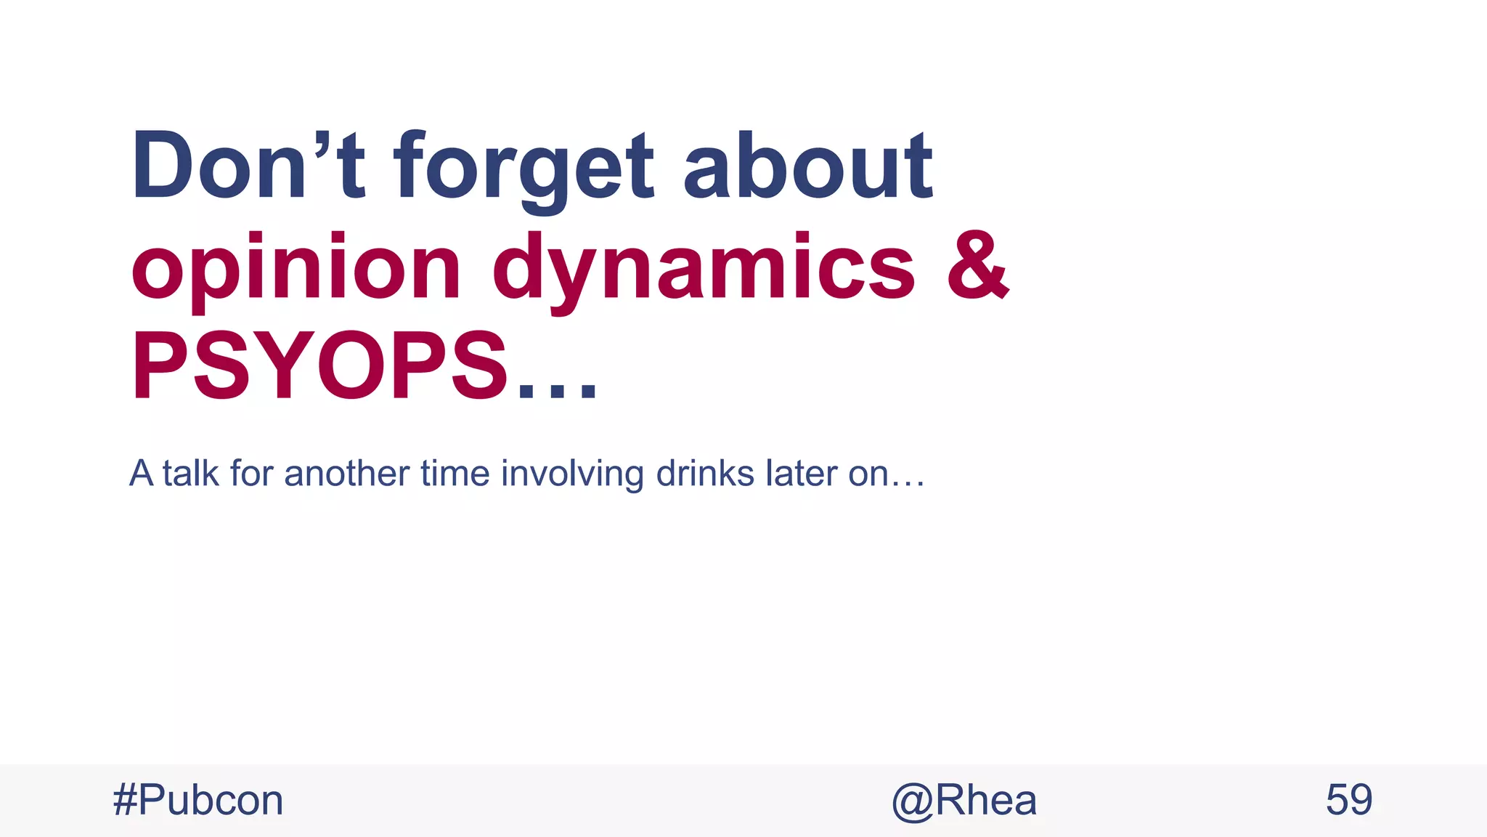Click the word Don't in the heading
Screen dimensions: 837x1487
(x=247, y=166)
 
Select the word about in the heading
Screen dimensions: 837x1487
(x=807, y=166)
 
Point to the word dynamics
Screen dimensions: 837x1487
(x=703, y=269)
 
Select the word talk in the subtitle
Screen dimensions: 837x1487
(x=190, y=473)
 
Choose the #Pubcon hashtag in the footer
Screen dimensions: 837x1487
(x=198, y=801)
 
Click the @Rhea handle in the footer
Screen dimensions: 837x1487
(x=964, y=801)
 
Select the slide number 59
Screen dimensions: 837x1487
(x=1348, y=801)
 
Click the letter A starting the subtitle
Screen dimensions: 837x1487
(x=141, y=473)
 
